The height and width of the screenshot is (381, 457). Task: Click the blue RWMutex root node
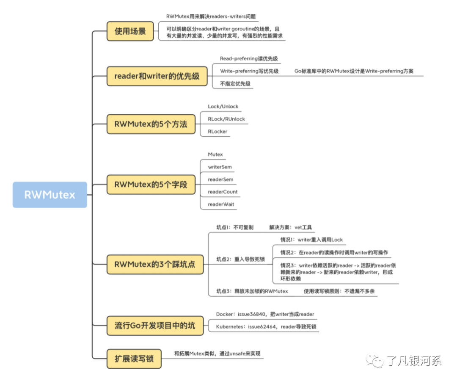pyautogui.click(x=50, y=195)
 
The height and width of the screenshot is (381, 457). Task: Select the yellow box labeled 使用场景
pyautogui.click(x=130, y=31)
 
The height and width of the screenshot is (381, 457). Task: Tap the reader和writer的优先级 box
pyautogui.click(x=157, y=76)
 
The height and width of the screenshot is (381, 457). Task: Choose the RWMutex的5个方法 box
pyautogui.click(x=151, y=124)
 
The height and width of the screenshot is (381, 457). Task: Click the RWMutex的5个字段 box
pyautogui.click(x=151, y=185)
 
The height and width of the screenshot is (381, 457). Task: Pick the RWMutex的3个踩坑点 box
pyautogui.click(x=155, y=265)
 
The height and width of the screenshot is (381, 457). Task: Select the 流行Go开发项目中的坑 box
pyautogui.click(x=155, y=326)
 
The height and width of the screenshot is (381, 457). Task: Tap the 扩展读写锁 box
pyautogui.click(x=134, y=359)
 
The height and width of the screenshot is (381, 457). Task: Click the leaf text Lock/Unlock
pyautogui.click(x=223, y=107)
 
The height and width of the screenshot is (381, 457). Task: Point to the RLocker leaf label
pyautogui.click(x=217, y=132)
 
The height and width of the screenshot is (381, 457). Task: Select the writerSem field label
pyautogui.click(x=220, y=167)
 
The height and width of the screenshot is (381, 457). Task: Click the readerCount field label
pyautogui.click(x=223, y=192)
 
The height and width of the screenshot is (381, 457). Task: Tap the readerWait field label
pyautogui.click(x=221, y=204)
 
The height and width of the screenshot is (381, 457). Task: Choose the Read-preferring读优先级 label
pyautogui.click(x=249, y=58)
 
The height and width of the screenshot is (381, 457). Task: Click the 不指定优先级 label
pyautogui.click(x=235, y=84)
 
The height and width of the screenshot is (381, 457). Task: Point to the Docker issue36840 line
pyautogui.click(x=265, y=314)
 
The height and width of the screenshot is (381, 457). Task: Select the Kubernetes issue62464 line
pyautogui.click(x=266, y=327)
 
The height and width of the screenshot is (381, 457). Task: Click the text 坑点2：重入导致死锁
pyautogui.click(x=240, y=259)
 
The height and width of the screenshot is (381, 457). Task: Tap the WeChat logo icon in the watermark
pyautogui.click(x=375, y=360)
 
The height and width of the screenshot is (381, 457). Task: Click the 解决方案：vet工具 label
pyautogui.click(x=290, y=227)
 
